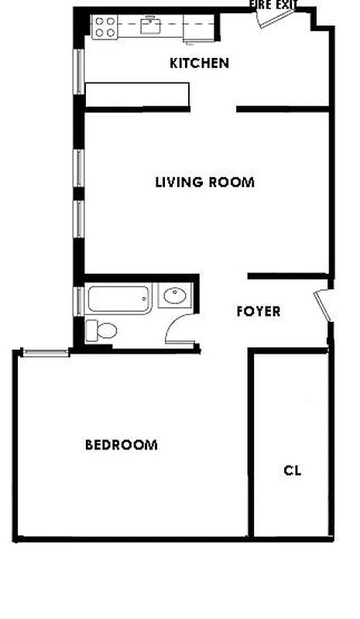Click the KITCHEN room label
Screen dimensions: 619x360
point(199,63)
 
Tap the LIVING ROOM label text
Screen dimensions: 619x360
point(204,183)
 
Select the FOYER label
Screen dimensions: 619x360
point(258,312)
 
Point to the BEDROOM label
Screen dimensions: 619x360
point(121,445)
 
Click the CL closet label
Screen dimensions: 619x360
point(293,470)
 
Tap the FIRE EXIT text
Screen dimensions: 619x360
point(273,5)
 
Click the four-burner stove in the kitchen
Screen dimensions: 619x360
point(104,29)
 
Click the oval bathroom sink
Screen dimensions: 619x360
point(176,296)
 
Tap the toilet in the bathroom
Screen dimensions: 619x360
point(101,331)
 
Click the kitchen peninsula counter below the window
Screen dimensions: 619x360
point(136,93)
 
